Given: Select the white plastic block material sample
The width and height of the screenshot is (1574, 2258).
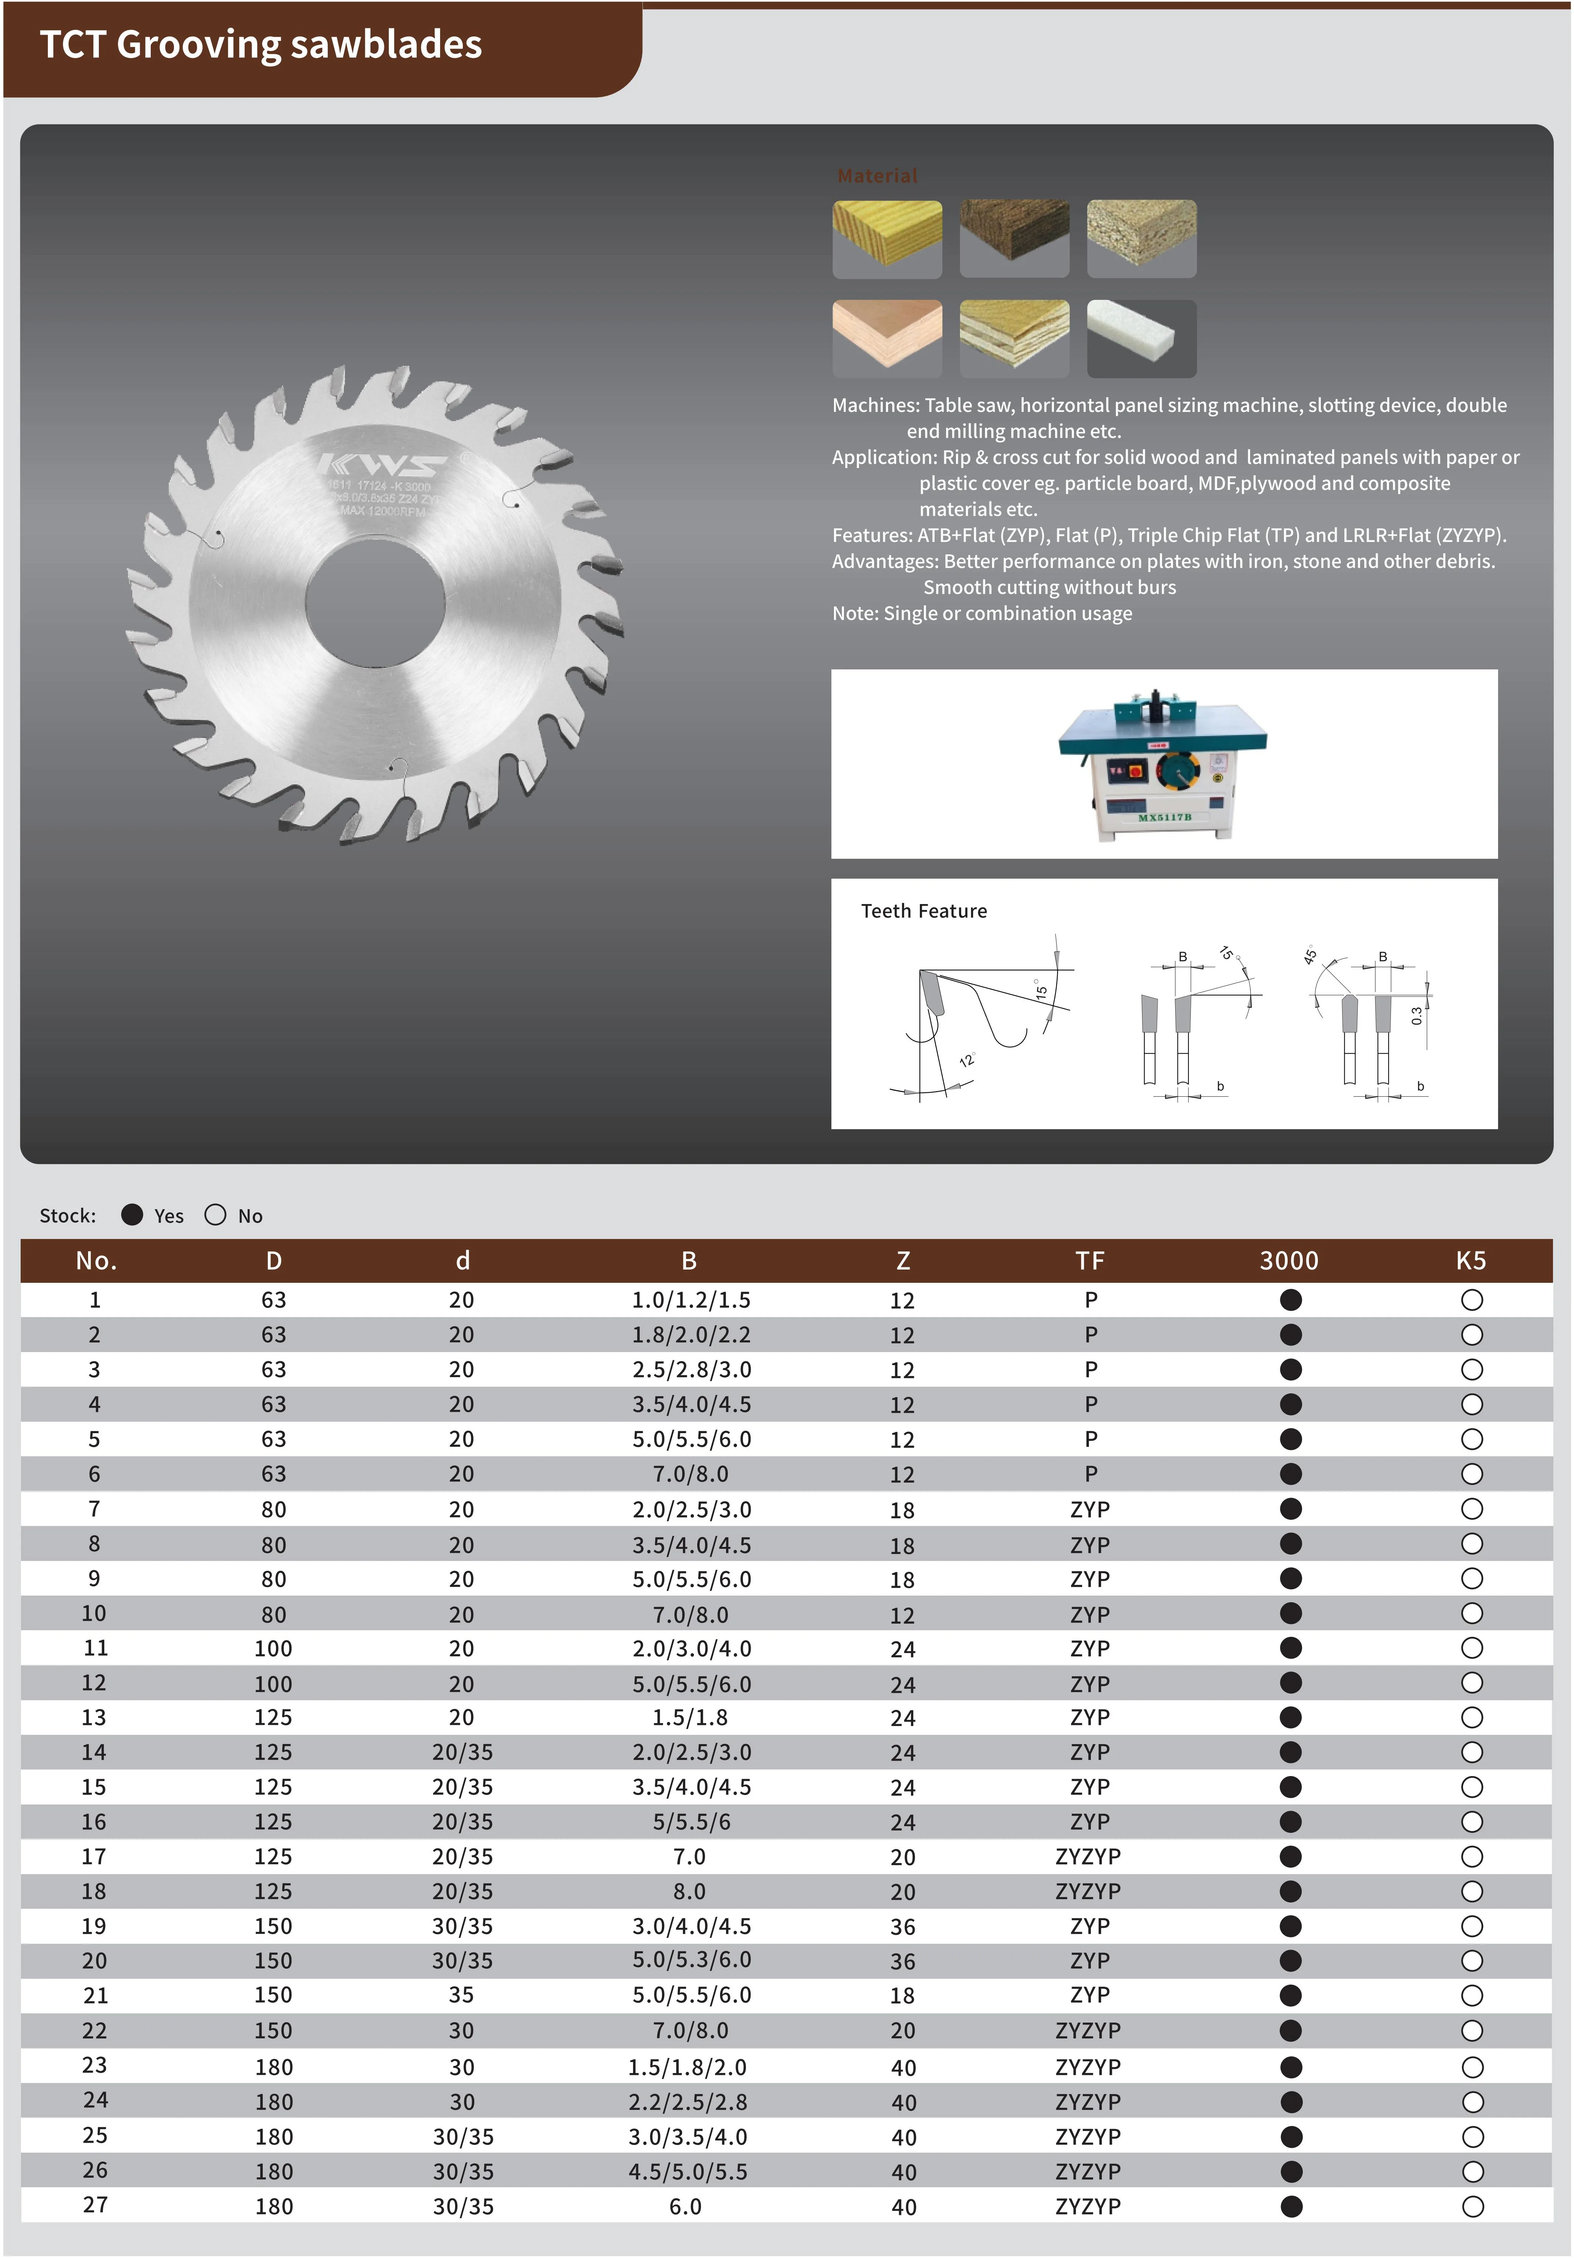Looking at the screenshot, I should point(1141,337).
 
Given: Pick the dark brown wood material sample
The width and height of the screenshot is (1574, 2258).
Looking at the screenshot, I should point(1014,238).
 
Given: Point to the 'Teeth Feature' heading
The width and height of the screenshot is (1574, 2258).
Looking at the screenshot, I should point(924,911).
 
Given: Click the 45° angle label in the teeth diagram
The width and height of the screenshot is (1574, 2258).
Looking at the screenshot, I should point(1309,955).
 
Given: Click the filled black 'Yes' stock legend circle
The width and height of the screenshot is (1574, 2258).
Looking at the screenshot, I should point(132,1215).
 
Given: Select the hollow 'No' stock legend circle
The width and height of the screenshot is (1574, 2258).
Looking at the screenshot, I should point(216,1215).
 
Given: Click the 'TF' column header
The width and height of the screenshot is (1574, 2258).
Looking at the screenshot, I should point(1090,1261).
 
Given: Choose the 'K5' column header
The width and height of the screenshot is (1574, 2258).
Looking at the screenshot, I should point(1471,1261).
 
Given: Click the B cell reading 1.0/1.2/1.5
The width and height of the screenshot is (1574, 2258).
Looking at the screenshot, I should point(691,1300).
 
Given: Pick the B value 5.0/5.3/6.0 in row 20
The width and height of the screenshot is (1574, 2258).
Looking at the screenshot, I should point(691,1960).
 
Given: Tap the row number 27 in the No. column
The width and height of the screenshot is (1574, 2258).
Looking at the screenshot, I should point(95,2205).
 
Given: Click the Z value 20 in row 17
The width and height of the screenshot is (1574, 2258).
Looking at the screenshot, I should point(903,1857).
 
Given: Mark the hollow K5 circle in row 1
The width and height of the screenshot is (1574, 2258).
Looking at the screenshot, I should point(1472,1300).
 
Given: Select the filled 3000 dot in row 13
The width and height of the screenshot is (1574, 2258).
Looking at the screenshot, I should point(1291,1717).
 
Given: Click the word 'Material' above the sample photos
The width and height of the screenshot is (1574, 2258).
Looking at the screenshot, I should point(877,176).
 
